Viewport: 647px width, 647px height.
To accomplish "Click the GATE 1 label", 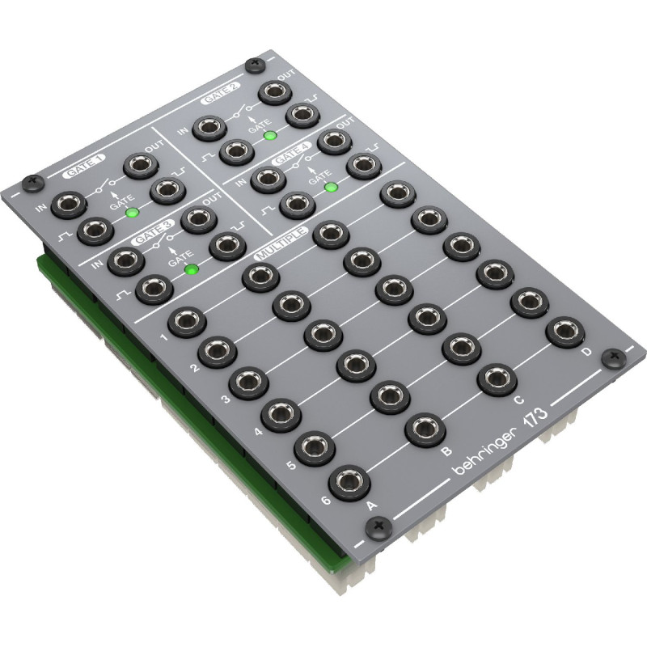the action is (x=84, y=167).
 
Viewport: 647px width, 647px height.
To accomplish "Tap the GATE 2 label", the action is (x=221, y=94).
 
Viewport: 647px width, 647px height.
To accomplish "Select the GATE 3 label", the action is (x=153, y=234).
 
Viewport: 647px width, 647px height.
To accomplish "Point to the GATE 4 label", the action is (x=292, y=154).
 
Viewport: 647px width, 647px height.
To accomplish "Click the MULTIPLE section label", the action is (x=281, y=243).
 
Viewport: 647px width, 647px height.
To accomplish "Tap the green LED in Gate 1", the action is (x=132, y=213).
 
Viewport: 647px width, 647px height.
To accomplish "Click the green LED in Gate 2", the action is (x=270, y=135).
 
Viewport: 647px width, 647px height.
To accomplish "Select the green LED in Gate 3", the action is (x=192, y=270).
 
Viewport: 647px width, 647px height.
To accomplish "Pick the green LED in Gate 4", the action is (x=331, y=188).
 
